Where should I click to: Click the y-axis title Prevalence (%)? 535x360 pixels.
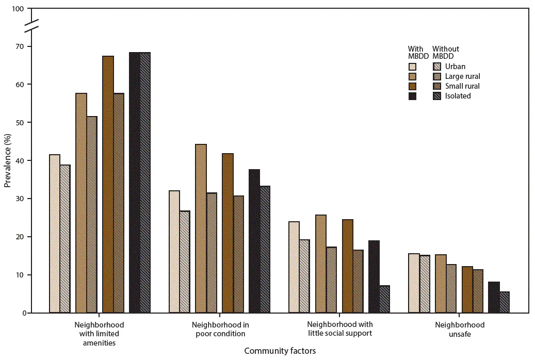7,160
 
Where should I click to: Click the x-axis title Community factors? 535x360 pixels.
280,351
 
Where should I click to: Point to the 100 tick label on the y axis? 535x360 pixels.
19,9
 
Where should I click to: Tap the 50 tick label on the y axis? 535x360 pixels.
21,123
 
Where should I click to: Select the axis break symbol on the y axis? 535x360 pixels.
31,25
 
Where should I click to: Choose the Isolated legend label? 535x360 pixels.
459,96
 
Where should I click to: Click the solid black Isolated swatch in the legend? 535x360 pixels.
412,96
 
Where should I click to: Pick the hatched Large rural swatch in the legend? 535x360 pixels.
436,76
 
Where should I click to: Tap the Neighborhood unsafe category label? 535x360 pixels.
460,330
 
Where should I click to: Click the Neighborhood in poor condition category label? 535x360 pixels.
220,329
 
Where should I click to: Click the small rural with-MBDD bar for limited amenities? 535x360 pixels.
108,184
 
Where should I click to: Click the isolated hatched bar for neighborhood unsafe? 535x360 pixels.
504,302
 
